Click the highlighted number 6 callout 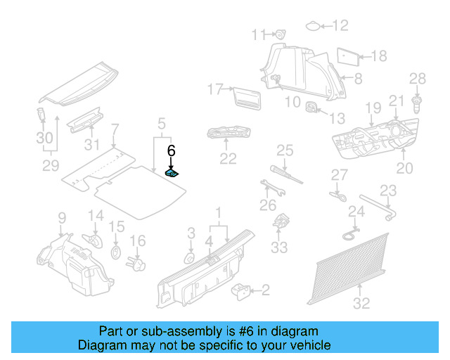pyautogui.click(x=170, y=150)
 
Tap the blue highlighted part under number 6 pyautogui.click(x=172, y=172)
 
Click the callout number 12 pyautogui.click(x=340, y=26)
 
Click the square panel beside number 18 pyautogui.click(x=347, y=56)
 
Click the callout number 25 pyautogui.click(x=284, y=149)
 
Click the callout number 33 pyautogui.click(x=280, y=247)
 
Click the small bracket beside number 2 pyautogui.click(x=242, y=289)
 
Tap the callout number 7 pyautogui.click(x=115, y=129)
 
